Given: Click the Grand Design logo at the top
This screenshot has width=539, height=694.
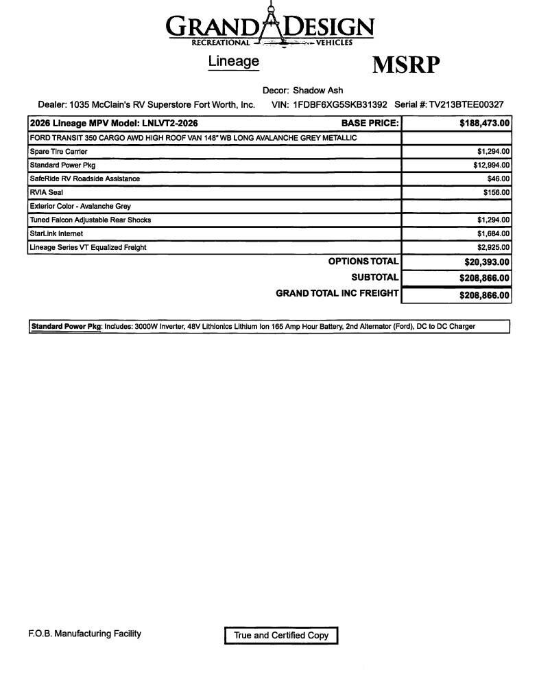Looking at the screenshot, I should (x=269, y=27).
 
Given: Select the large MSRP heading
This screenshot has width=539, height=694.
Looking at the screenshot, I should (x=405, y=65).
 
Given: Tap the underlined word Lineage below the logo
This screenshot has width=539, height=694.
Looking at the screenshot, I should (x=233, y=61).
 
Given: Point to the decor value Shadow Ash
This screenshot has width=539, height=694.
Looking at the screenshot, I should (x=318, y=91).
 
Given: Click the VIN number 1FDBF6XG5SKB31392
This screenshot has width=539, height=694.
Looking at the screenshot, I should (x=339, y=105).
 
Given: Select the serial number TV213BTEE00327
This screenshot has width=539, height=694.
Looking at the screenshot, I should (x=466, y=105).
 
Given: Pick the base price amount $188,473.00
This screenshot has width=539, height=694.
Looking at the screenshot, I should (x=484, y=124).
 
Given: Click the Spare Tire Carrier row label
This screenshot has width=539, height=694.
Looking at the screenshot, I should (x=58, y=152).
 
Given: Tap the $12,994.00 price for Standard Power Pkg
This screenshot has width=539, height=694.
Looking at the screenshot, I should (x=491, y=165).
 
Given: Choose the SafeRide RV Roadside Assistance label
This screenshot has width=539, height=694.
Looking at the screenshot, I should (x=84, y=179).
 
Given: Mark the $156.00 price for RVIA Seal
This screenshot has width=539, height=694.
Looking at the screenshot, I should (x=496, y=193).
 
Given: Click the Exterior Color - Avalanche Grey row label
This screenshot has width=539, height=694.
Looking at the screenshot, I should (x=80, y=207).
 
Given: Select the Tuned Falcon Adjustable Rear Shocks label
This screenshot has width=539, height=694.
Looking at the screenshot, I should (x=90, y=220).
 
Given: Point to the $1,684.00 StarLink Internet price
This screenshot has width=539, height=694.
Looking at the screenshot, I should (x=493, y=234).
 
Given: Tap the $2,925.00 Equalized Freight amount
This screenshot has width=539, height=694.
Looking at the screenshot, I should (x=493, y=248).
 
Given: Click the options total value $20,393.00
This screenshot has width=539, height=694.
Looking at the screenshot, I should (x=486, y=262).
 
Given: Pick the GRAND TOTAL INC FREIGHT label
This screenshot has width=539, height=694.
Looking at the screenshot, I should (x=337, y=293).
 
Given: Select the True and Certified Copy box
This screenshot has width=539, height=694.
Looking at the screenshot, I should (x=281, y=636).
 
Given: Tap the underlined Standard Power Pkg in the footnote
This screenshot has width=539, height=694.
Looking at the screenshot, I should (x=66, y=327).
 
